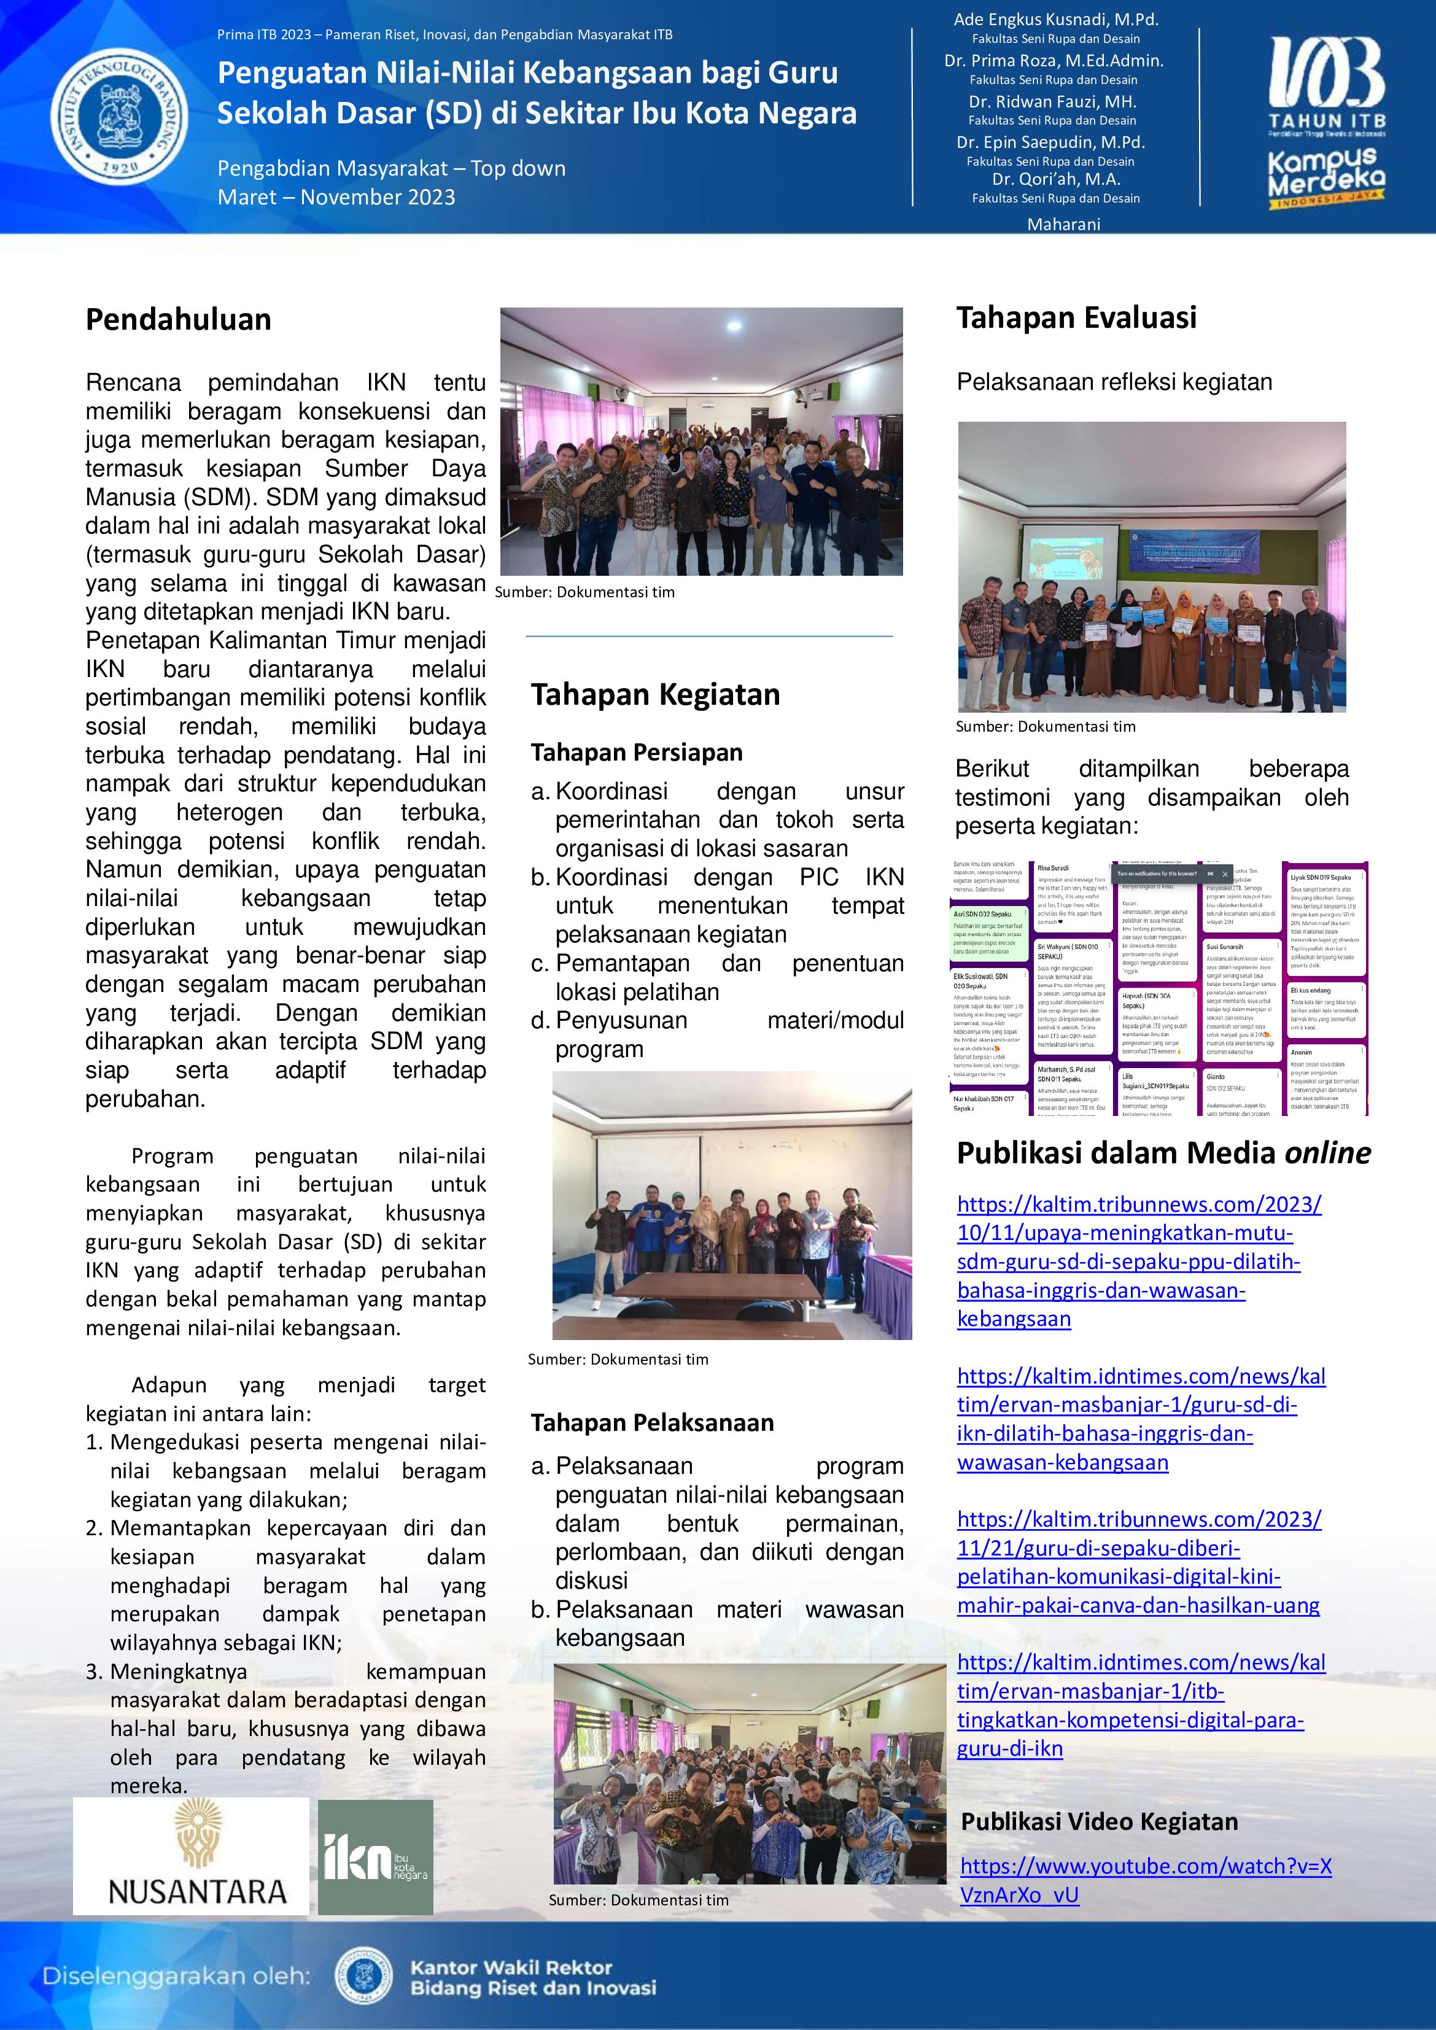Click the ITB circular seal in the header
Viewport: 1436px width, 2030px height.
pos(119,116)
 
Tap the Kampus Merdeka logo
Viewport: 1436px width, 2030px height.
pos(1326,177)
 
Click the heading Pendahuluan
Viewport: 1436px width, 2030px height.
pos(179,319)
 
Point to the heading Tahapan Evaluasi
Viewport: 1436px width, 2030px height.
pos(1076,317)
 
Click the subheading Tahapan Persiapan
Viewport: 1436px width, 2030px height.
pos(637,753)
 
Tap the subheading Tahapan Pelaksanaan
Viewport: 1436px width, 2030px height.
pos(651,1422)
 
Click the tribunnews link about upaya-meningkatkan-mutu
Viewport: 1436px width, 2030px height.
pos(1138,1261)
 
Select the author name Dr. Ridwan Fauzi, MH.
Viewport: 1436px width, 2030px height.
pos(1052,102)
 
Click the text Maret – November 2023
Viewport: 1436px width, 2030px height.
pos(336,197)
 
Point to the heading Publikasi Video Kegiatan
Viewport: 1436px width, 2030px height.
pos(1099,1821)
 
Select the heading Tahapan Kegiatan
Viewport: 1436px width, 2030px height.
pos(655,695)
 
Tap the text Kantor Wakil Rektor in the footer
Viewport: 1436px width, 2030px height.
pos(511,1967)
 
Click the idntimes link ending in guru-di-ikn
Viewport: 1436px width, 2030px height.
pos(1141,1705)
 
